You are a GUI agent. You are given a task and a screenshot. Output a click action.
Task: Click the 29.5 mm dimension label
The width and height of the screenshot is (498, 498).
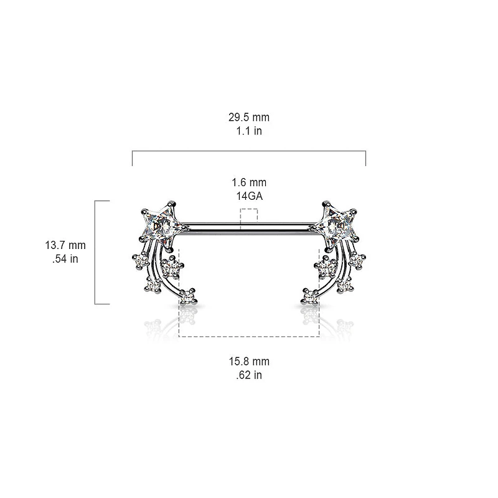coord(249,117)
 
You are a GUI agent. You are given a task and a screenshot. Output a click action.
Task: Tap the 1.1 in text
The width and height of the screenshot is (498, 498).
coord(249,131)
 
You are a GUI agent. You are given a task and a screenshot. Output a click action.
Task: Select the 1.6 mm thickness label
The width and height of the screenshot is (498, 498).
coord(249,182)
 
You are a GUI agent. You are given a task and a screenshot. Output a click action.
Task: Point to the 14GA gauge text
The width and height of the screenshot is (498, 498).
coord(249,196)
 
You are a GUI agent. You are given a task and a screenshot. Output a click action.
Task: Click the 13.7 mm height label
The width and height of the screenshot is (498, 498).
coord(65,245)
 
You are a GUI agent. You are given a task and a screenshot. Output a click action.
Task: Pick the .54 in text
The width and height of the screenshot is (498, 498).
coord(65,259)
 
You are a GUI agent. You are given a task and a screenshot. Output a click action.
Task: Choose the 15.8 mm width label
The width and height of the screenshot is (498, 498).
coord(249,362)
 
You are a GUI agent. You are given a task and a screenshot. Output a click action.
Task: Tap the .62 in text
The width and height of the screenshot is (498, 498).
coord(249,375)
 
